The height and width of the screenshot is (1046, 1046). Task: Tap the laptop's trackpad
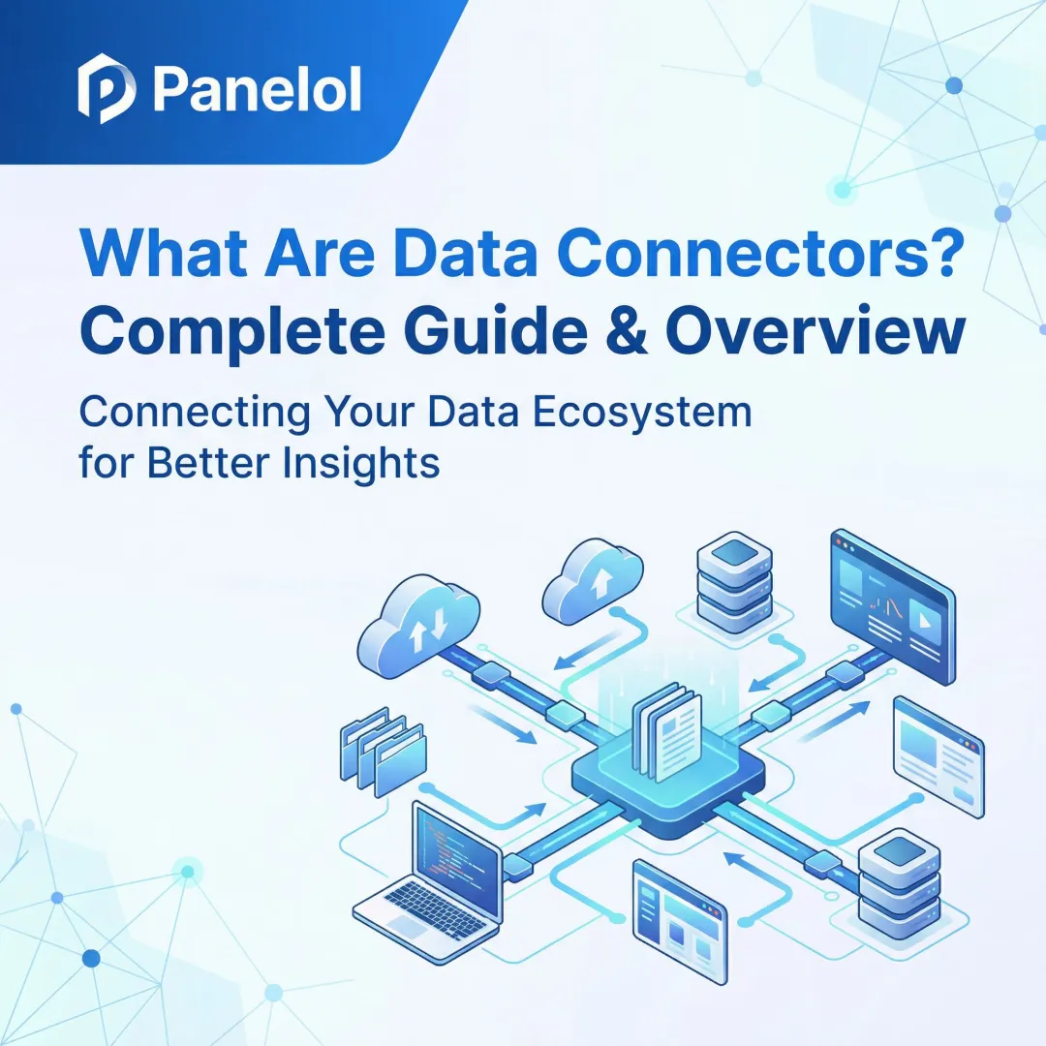(x=404, y=927)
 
